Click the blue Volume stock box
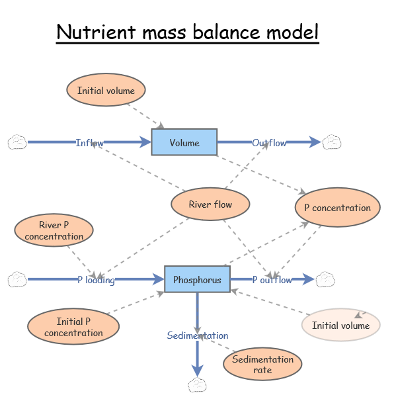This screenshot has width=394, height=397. [184, 142]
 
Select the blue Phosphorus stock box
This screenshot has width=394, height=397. [197, 280]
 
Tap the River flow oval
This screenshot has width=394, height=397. [210, 204]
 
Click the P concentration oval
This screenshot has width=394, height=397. [337, 208]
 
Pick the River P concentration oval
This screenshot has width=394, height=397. [54, 230]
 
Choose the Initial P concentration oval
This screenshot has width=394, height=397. [73, 327]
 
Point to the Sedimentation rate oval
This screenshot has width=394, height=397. [262, 364]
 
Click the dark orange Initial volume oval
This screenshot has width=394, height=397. [106, 91]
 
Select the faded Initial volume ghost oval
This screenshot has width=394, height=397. [340, 325]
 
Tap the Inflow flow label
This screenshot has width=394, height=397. [89, 143]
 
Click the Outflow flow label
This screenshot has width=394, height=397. [269, 143]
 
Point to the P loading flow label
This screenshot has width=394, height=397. [96, 280]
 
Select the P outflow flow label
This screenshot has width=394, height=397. [272, 280]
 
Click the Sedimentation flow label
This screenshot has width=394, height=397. [197, 335]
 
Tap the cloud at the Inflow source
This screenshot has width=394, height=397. [17, 142]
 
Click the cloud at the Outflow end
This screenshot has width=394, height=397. [332, 142]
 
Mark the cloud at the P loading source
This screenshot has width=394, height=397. [17, 280]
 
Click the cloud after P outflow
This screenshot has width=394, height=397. [325, 280]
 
